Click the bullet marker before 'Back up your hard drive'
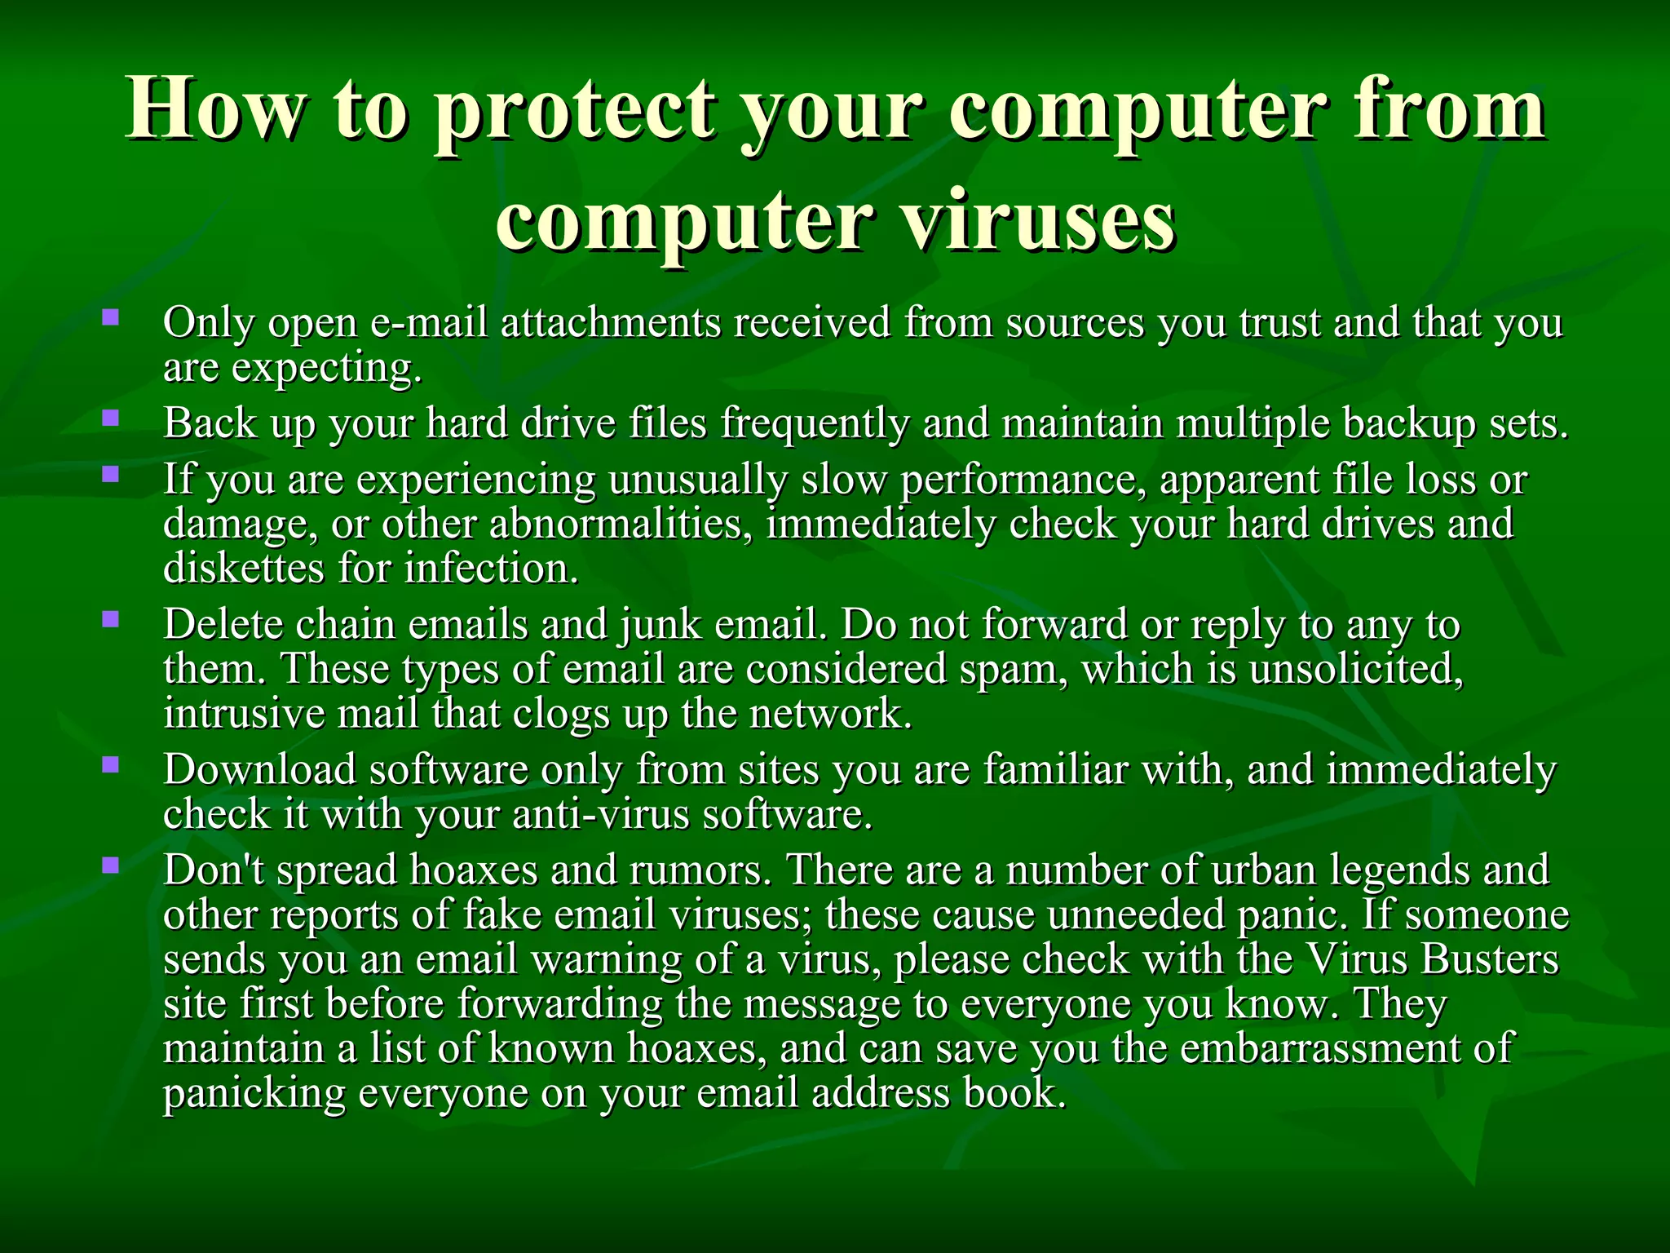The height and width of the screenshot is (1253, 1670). pyautogui.click(x=111, y=419)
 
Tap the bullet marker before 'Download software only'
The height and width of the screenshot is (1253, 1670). pyautogui.click(x=111, y=764)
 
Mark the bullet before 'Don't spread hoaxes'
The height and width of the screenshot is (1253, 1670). pyautogui.click(x=111, y=865)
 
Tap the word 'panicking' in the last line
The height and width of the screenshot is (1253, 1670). pyautogui.click(x=254, y=1094)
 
